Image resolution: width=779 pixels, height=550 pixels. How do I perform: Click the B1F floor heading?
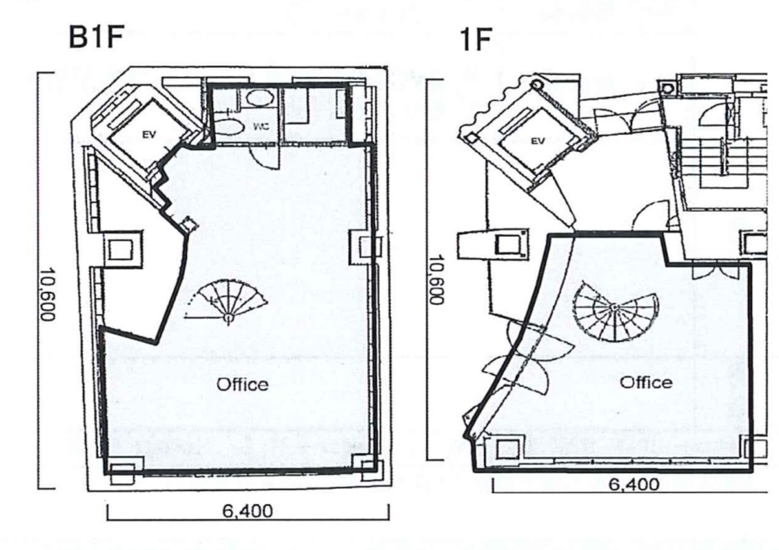coord(96,37)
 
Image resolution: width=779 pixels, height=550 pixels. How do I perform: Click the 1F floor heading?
coord(476,40)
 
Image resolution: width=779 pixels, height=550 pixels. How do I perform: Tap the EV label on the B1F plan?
coord(149,135)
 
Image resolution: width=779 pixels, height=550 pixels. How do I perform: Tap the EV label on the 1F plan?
coord(537,140)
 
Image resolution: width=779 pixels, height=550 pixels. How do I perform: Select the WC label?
coord(261,126)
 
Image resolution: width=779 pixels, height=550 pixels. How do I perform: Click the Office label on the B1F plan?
coord(242,384)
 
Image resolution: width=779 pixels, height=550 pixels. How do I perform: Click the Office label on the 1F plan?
coord(646,382)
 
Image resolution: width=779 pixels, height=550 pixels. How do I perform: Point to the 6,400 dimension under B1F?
coord(248,511)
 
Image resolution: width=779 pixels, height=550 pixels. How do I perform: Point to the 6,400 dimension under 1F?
coord(634,484)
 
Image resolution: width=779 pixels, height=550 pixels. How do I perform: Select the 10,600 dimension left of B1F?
coord(47,295)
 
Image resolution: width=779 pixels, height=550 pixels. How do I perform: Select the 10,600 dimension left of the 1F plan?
coord(435,280)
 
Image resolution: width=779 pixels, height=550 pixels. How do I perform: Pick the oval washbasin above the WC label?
coord(259,98)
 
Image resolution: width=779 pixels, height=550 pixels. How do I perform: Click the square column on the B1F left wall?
coord(121,248)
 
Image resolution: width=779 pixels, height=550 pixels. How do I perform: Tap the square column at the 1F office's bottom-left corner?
coord(508,449)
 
